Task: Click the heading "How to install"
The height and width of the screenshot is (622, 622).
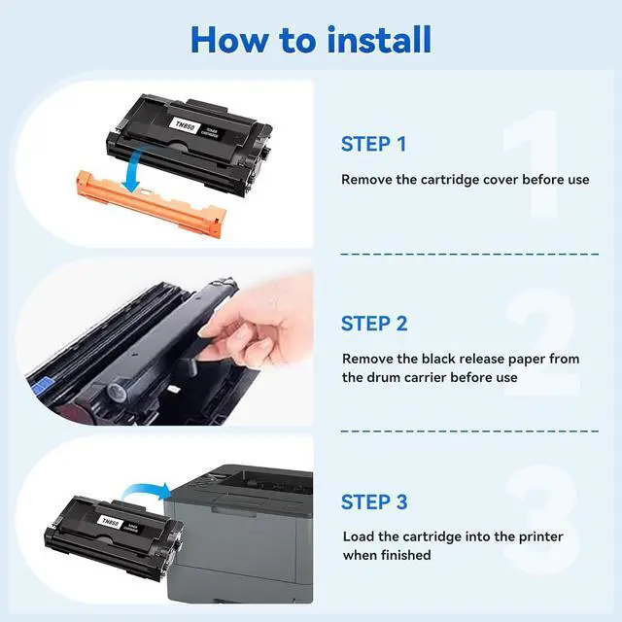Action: pyautogui.click(x=311, y=40)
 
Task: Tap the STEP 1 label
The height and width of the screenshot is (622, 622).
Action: pyautogui.click(x=373, y=145)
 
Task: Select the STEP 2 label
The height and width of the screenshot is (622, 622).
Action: pyautogui.click(x=374, y=324)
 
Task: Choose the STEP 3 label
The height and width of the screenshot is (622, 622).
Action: pyautogui.click(x=374, y=502)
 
